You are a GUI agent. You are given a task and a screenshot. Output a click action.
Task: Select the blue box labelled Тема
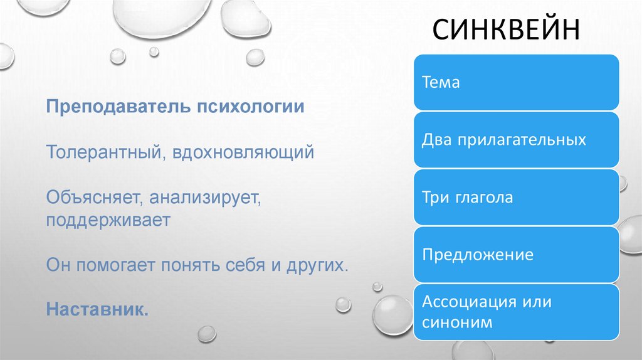pyautogui.click(x=516, y=82)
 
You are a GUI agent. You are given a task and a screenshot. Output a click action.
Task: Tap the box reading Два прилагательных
pyautogui.click(x=516, y=140)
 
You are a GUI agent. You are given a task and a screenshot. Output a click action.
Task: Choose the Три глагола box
pyautogui.click(x=516, y=198)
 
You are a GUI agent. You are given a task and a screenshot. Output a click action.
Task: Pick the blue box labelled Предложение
pyautogui.click(x=516, y=255)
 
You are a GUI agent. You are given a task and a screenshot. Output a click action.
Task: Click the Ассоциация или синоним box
pyautogui.click(x=516, y=312)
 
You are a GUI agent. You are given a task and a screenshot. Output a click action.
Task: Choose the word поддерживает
pyautogui.click(x=108, y=221)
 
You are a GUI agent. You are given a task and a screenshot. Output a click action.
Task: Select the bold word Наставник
pyautogui.click(x=97, y=309)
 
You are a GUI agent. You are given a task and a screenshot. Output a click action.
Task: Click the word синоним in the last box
pyautogui.click(x=457, y=323)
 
